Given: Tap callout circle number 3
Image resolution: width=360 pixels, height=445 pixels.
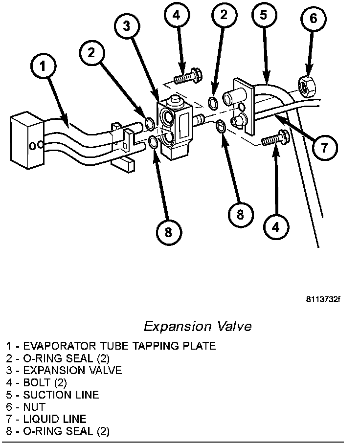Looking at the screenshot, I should click(x=127, y=26).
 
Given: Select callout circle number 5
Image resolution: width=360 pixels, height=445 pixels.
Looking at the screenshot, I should click(x=264, y=15).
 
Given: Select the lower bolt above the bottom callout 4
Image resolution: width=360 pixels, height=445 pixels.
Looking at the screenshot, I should click(x=272, y=138).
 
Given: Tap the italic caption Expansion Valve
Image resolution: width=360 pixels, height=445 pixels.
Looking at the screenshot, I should click(x=198, y=326).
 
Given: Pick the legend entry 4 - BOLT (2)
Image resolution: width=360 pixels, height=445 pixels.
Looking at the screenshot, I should click(x=36, y=382).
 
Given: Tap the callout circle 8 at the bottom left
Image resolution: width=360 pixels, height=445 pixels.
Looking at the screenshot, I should click(x=168, y=232).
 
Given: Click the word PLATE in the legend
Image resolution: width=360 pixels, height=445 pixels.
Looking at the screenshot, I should click(x=199, y=346).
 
